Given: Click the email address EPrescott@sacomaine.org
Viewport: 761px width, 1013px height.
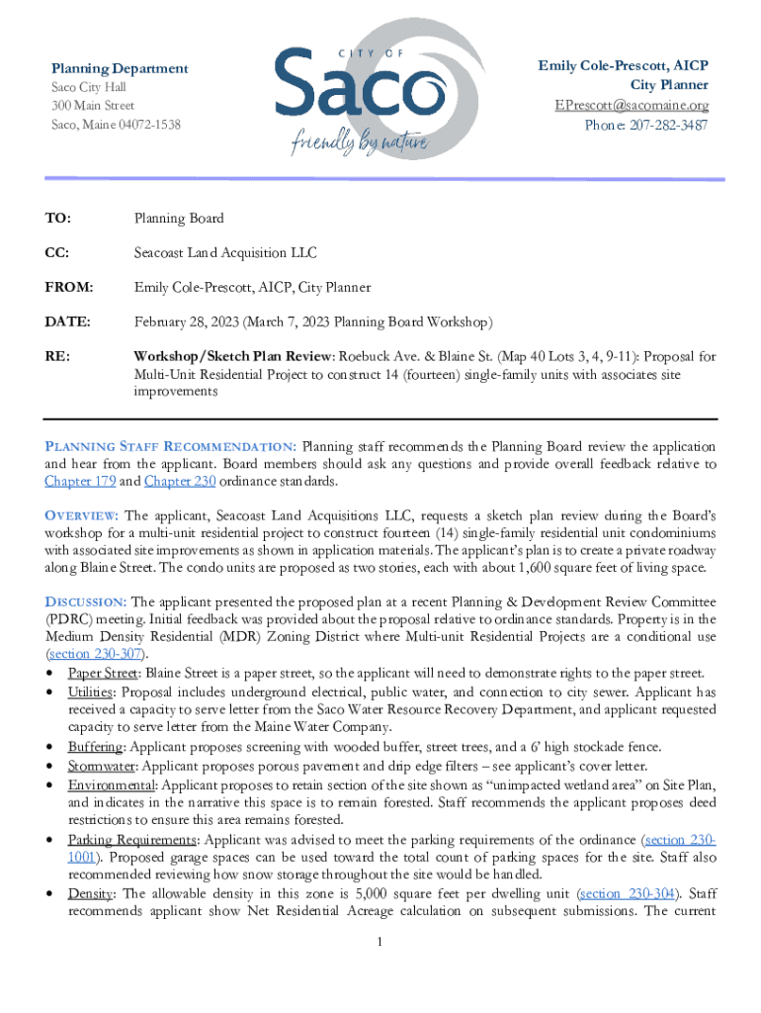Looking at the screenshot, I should pos(631,105).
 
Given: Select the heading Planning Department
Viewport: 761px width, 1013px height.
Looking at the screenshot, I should pos(120,68).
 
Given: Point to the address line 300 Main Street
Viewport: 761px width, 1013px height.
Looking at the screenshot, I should pos(93,106).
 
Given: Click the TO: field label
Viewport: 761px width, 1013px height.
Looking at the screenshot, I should pos(57,219).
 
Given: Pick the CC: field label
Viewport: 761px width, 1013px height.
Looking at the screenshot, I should pos(57,253).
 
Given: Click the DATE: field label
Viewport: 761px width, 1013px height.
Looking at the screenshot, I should pos(66,322).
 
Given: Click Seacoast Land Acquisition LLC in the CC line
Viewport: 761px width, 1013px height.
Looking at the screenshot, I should pos(225,253).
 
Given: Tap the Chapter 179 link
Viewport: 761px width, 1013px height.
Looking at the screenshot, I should pos(78,482).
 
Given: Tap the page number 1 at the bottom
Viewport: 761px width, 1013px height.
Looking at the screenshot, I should pos(380,940).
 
